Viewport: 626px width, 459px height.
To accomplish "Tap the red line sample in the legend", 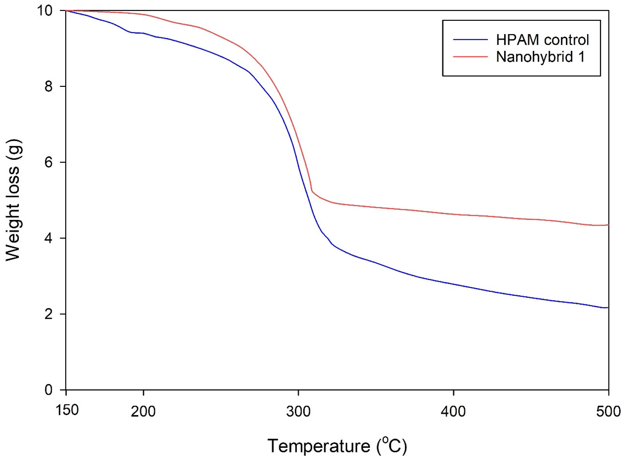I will pyautogui.click(x=470, y=56).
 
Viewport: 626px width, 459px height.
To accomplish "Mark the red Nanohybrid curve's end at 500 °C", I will pyautogui.click(x=608, y=225).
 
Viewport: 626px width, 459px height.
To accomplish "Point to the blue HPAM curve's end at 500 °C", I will pyautogui.click(x=608, y=308).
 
